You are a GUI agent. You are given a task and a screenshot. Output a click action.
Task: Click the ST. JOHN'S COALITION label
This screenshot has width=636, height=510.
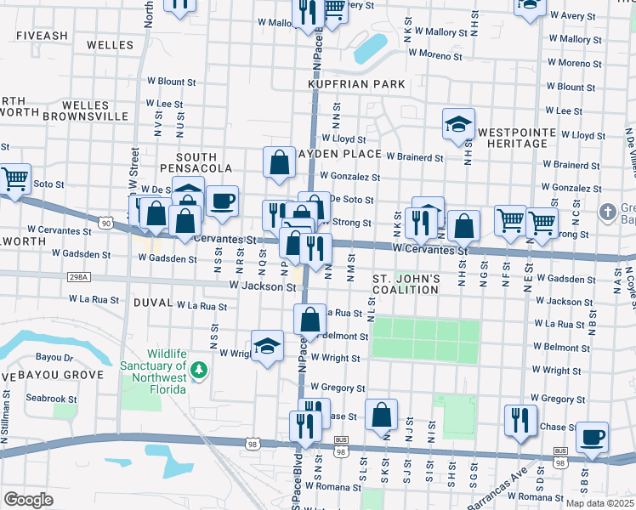[406, 284]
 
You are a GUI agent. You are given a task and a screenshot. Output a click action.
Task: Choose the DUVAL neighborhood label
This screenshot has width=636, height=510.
[152, 303]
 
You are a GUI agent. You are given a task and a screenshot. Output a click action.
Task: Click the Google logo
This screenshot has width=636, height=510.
[28, 499]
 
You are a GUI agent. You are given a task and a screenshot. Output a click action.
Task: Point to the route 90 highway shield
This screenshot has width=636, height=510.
[105, 223]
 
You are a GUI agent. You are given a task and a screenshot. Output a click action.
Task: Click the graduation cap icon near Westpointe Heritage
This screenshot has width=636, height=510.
[458, 124]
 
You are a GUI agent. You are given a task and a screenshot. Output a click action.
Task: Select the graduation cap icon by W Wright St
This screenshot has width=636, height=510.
[267, 345]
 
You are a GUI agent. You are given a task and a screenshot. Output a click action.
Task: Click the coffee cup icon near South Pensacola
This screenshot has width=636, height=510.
[223, 201]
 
